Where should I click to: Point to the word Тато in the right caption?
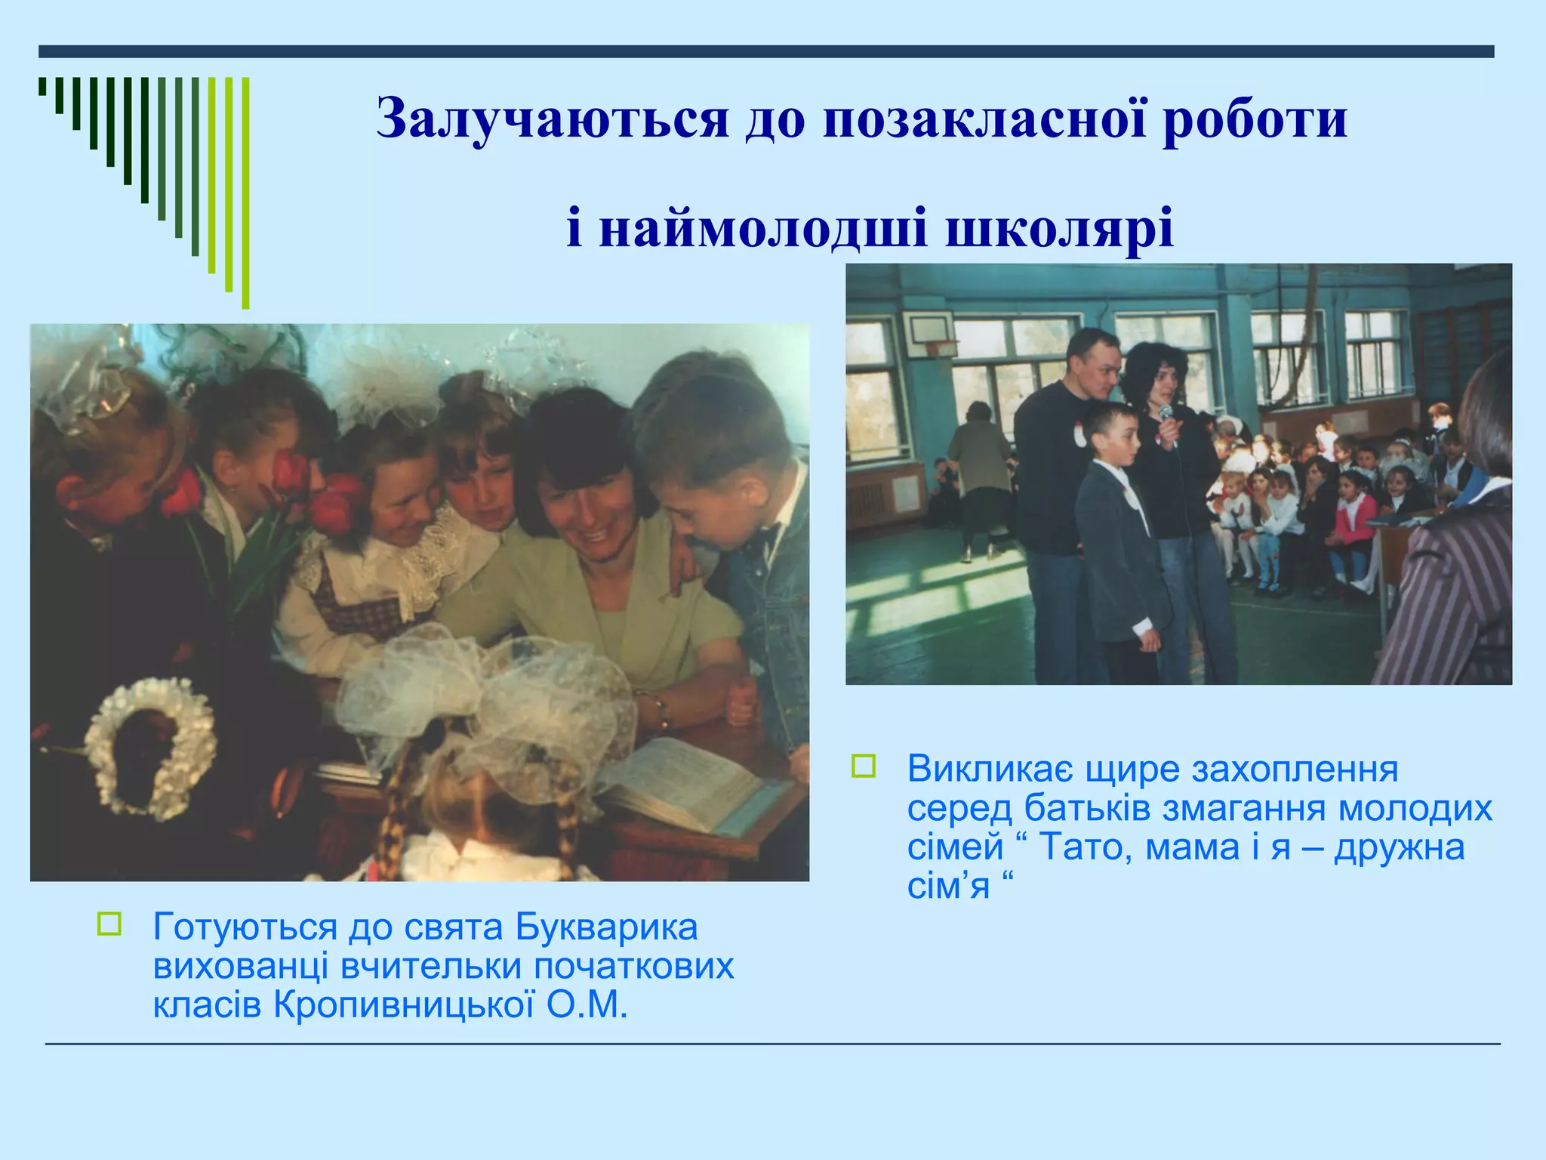click(1084, 847)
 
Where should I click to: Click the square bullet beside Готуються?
click(109, 924)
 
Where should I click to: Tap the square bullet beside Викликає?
click(864, 766)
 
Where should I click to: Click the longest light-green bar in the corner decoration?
click(245, 193)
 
